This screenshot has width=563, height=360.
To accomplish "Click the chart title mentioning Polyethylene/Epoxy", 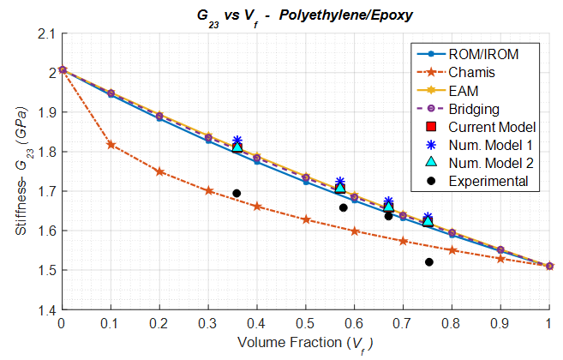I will [x=304, y=15].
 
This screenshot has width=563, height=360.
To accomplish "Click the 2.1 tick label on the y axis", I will [x=45, y=34].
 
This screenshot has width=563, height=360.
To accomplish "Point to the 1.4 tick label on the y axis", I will [x=45, y=309].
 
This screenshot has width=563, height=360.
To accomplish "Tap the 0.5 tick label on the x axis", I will [x=305, y=324].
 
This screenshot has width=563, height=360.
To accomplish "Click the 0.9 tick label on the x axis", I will [x=500, y=324].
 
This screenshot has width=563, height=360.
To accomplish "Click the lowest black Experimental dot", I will [x=428, y=262].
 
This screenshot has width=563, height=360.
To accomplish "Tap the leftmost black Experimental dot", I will [x=237, y=194].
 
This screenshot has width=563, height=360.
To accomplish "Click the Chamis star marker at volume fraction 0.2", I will [x=159, y=171].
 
